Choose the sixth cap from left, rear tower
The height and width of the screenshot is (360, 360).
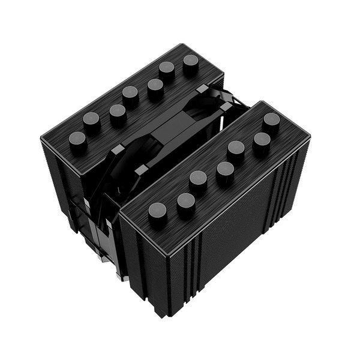point(167,70)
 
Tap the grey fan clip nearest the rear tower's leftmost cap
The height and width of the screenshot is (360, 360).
point(118,148)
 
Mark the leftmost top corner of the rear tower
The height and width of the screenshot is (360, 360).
point(41,139)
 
